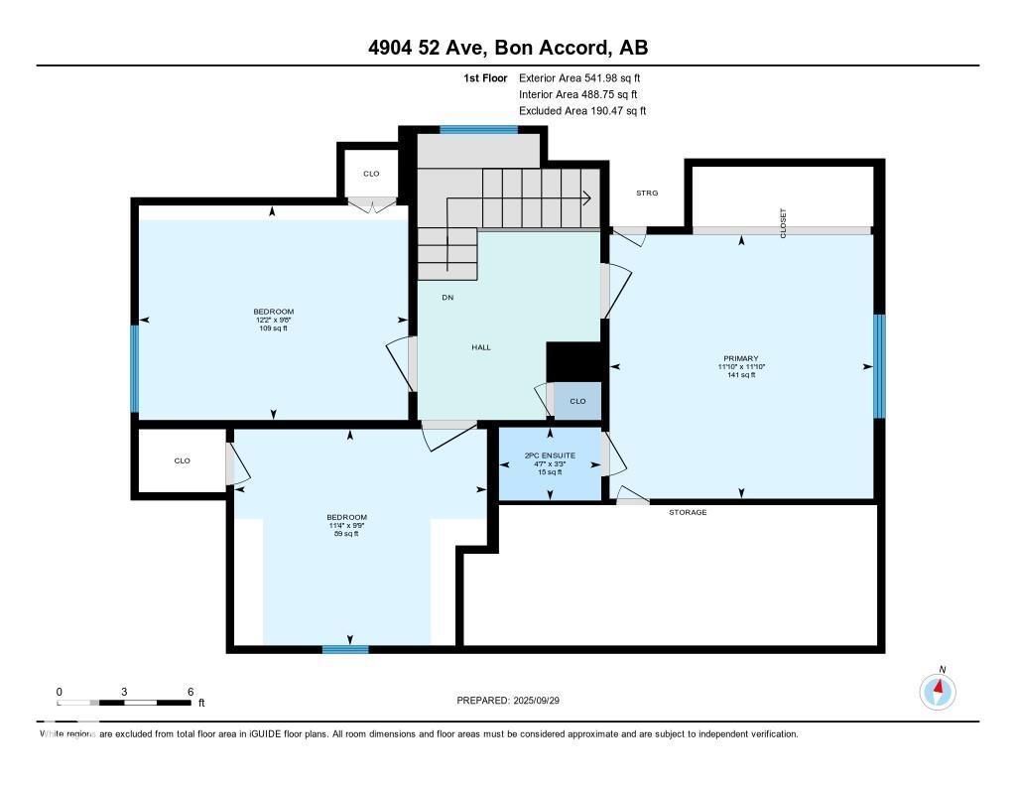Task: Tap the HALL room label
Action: (480, 347)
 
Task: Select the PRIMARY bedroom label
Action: (740, 358)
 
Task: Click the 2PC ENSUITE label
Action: (549, 457)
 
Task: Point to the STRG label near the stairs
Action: (647, 193)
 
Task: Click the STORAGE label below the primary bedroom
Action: (687, 512)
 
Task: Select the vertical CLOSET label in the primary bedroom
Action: (783, 221)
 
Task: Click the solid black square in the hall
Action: (575, 361)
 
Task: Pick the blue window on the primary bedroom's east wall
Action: (878, 366)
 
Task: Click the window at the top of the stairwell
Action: (479, 129)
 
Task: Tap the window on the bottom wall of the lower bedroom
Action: (345, 649)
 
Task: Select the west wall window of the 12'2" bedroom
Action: (135, 368)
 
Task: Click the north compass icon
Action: (938, 690)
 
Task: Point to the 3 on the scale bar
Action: (124, 692)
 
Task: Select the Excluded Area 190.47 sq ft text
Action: (582, 111)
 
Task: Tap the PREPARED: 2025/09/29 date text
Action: (515, 701)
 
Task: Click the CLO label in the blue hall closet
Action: (577, 401)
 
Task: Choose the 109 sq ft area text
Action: (272, 328)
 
